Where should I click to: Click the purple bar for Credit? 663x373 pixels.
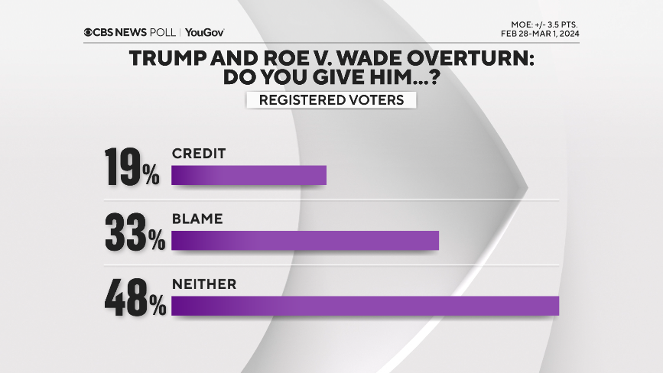[249, 175]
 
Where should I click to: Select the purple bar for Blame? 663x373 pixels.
[305, 240]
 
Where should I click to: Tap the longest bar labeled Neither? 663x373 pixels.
[365, 305]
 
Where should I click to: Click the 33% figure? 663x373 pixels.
[135, 232]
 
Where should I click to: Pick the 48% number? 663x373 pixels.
[135, 297]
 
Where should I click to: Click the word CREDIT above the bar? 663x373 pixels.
[199, 153]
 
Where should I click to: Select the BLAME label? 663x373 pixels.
[197, 219]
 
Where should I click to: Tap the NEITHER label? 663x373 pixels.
[203, 284]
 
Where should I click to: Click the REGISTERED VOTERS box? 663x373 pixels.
[331, 100]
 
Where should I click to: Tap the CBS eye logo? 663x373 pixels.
[89, 32]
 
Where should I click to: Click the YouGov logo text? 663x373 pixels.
[204, 32]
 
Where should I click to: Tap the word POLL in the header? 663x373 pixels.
[165, 32]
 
